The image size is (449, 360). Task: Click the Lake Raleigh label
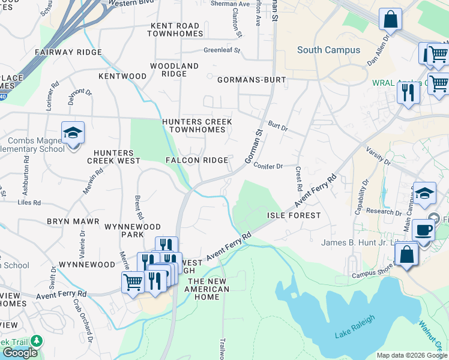[x=355, y=326]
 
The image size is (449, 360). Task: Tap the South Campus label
[x=329, y=50]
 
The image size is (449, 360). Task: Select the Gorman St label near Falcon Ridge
[x=255, y=147]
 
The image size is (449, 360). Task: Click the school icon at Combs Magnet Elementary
[x=73, y=134]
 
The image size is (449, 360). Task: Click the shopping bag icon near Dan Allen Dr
[x=391, y=19]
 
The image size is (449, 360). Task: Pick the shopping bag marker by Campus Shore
[x=406, y=254]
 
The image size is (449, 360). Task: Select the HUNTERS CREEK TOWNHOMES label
[x=197, y=125]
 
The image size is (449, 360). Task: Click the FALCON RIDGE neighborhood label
[x=197, y=160]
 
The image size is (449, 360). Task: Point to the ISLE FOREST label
[x=294, y=215]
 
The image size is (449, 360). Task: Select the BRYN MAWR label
[x=73, y=221]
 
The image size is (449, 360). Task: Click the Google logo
[x=19, y=353]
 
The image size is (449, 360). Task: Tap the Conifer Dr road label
[x=268, y=166]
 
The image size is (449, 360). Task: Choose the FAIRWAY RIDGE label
[x=68, y=53]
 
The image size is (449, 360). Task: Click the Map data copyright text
[x=411, y=355]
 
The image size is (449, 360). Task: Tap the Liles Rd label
[x=29, y=203]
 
